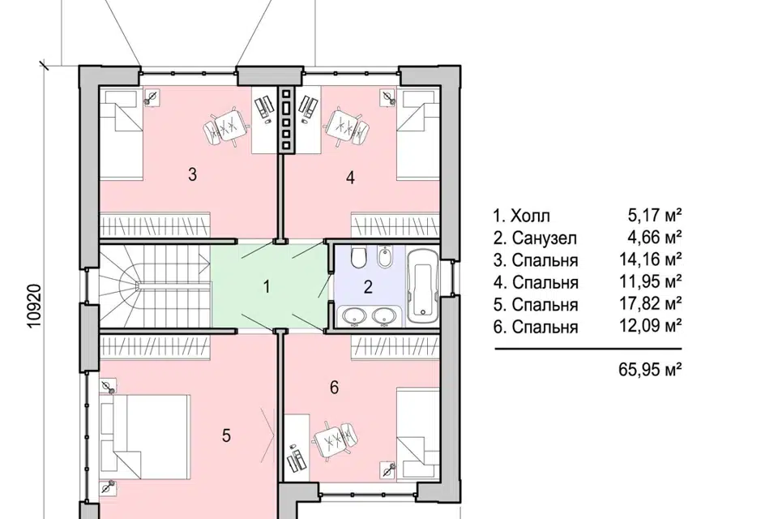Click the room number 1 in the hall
click(x=267, y=286)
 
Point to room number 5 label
click(x=226, y=435)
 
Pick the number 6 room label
click(x=335, y=387)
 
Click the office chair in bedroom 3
click(x=225, y=127)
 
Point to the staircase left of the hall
click(x=155, y=285)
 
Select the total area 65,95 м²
click(x=650, y=370)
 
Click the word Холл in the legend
click(x=530, y=216)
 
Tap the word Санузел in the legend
click(x=545, y=238)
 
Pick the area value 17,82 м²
click(x=650, y=303)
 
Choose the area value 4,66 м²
click(x=655, y=237)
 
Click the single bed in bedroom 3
click(x=121, y=133)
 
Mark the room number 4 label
click(x=350, y=178)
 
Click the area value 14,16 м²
click(x=650, y=259)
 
